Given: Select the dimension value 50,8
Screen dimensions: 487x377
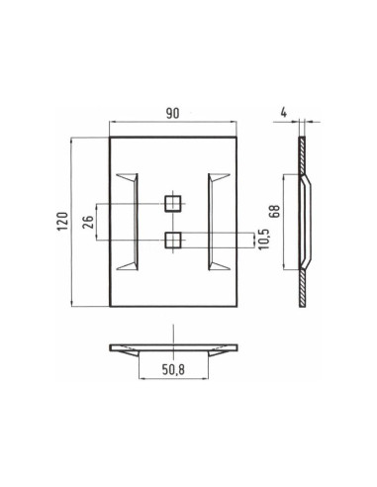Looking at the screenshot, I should coord(172,375).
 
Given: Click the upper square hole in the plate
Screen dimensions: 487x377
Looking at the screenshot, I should coord(172,204).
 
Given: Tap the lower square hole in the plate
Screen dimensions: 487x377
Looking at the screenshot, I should coord(172,239).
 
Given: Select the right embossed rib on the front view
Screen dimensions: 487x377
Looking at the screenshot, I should coord(219,221).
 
